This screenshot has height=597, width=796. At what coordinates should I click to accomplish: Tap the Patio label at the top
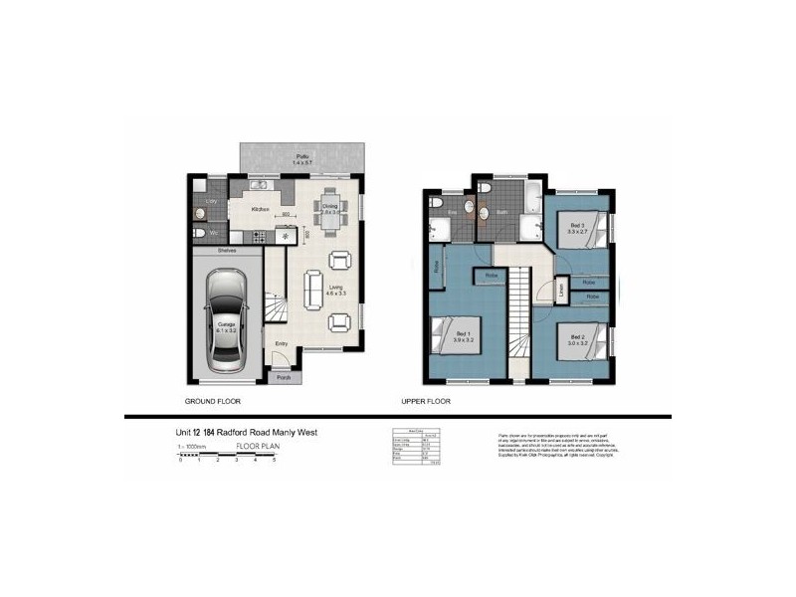click(304, 157)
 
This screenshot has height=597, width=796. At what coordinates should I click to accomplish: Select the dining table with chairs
click(330, 207)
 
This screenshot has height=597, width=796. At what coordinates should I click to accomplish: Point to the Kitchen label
click(261, 209)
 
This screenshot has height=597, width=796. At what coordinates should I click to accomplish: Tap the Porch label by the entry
click(284, 378)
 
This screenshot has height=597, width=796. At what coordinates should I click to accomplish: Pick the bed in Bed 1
click(450, 332)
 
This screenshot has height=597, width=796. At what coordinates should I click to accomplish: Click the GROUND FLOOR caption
click(214, 401)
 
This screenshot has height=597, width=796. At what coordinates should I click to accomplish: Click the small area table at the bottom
click(418, 445)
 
